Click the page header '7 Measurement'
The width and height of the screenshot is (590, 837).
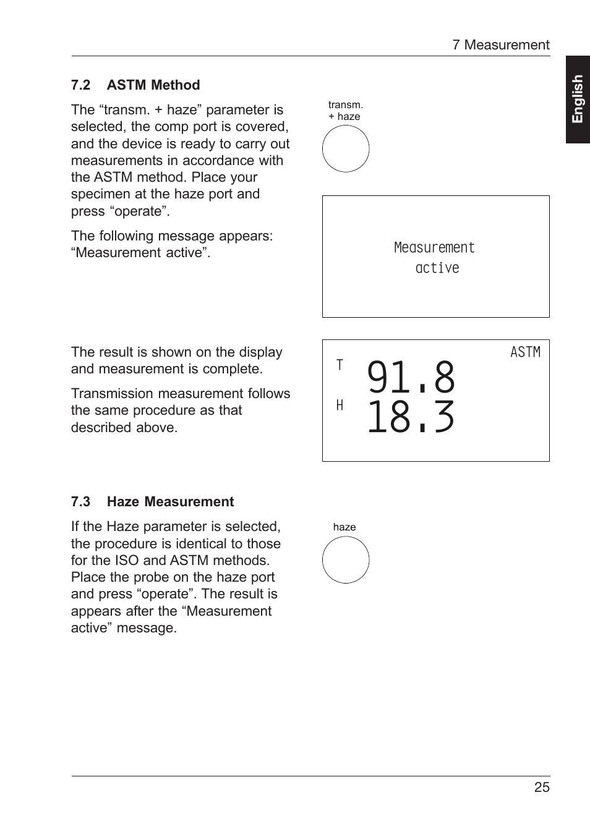point(500,45)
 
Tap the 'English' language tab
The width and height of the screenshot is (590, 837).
point(578,100)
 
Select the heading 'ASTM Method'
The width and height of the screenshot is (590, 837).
point(153,85)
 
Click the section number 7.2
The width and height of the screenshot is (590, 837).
point(80,85)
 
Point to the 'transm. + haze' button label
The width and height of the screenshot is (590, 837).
point(345,111)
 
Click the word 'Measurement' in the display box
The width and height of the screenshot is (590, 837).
point(434,248)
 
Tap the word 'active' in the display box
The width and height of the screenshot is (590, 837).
point(437,268)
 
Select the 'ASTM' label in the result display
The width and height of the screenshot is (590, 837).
point(525,352)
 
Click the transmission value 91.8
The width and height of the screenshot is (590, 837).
point(411,378)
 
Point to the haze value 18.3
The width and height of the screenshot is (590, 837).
point(411,418)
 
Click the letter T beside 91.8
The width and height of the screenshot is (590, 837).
point(340,365)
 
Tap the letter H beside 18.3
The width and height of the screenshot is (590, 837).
point(340,406)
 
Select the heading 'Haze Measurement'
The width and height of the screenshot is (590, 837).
point(171,502)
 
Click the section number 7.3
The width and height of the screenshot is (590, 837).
point(80,502)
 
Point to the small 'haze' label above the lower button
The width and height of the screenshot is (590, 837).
point(344,527)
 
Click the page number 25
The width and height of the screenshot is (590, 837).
point(542,788)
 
